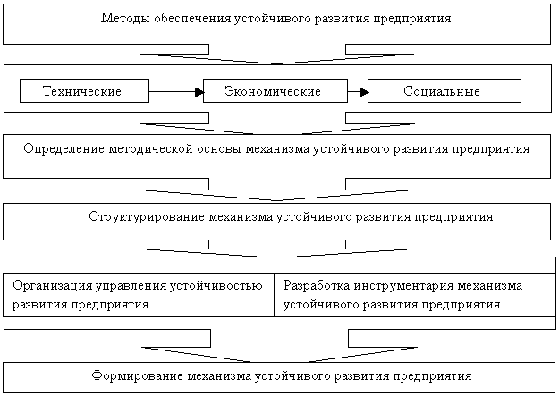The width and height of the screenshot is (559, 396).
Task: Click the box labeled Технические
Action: pyautogui.click(x=84, y=91)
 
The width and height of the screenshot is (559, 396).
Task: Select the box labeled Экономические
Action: pyautogui.click(x=275, y=91)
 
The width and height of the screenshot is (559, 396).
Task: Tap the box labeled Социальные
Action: pyautogui.click(x=445, y=91)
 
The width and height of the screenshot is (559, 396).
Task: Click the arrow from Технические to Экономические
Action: pyautogui.click(x=176, y=92)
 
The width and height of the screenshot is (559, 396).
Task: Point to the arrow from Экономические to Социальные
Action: pyautogui.click(x=358, y=92)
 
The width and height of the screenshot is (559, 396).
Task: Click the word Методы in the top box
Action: pyautogui.click(x=125, y=18)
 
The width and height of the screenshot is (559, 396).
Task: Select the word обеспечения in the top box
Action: pyautogui.click(x=192, y=18)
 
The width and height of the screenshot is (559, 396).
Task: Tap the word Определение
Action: pyautogui.click(x=64, y=148)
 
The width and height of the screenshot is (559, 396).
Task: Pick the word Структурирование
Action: pyautogui.click(x=147, y=216)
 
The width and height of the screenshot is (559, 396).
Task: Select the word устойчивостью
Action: pyautogui.click(x=216, y=285)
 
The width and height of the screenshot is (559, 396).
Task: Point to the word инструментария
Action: pyautogui.click(x=403, y=285)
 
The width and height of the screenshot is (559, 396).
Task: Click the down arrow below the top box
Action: pyautogui.click(x=276, y=55)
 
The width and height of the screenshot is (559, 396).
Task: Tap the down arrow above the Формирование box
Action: pyautogui.click(x=279, y=346)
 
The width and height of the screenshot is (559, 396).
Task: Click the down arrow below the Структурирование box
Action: pyautogui.click(x=276, y=249)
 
